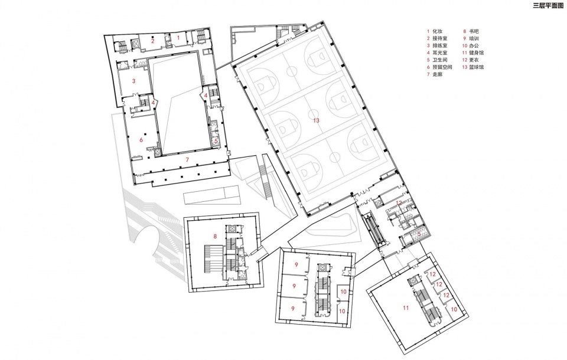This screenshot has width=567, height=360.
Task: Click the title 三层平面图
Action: [548, 5]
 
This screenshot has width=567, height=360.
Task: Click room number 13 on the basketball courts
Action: [317, 120]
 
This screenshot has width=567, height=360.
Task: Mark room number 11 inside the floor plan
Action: [406, 308]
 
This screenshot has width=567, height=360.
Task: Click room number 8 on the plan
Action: [215, 237]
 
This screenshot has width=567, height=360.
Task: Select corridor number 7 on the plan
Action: [187, 159]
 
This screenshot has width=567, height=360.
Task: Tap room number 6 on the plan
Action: [141, 139]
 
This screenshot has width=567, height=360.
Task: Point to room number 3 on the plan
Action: [134, 81]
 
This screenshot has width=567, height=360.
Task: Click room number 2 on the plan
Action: [153, 41]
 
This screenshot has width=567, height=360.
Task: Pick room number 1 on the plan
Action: [178, 37]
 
